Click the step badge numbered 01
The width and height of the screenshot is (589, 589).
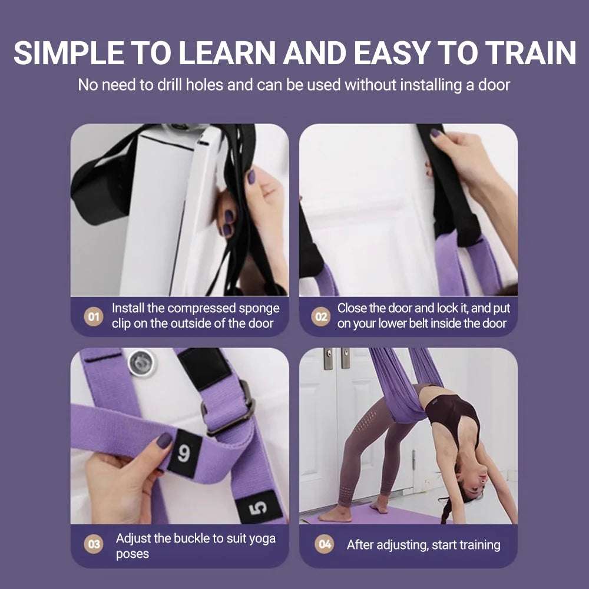pos(93,316)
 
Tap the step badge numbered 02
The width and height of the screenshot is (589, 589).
pos(320,316)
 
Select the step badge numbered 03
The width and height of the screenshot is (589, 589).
pos(93,545)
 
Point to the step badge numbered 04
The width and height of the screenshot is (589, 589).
pos(325,545)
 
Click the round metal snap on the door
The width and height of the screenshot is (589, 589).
pos(143,362)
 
